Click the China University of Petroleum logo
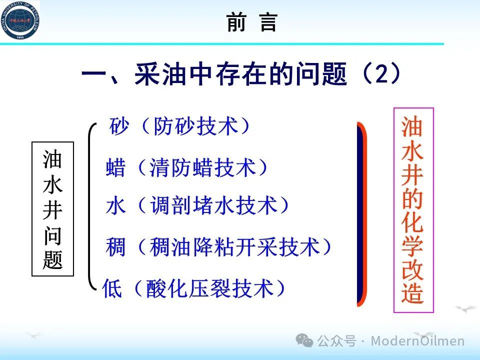20,20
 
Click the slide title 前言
251,22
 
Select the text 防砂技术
196,126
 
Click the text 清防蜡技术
202,167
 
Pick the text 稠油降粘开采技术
235,246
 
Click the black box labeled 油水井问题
52,209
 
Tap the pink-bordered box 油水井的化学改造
413,210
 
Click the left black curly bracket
90,206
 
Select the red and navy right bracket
361,214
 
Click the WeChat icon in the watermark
304,340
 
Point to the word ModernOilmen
417,340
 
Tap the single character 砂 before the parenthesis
119,126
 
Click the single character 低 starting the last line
112,288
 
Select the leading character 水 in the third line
115,205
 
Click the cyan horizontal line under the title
222,44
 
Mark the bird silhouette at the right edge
466,308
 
